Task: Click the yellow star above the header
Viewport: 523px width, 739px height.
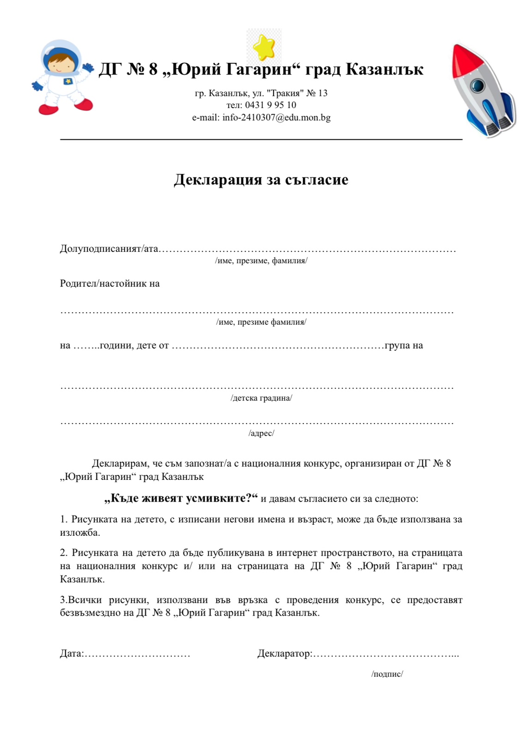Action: tap(264, 47)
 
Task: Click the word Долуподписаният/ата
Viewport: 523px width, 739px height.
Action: tap(109, 249)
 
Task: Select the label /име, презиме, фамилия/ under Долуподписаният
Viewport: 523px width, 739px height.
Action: tap(261, 261)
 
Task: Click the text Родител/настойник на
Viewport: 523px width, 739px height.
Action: tap(110, 284)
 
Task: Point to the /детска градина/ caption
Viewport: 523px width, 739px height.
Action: tap(261, 398)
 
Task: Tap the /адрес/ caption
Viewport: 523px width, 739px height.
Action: tap(261, 433)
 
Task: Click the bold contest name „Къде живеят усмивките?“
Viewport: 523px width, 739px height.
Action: tap(181, 498)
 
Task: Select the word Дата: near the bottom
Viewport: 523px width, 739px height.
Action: tap(72, 654)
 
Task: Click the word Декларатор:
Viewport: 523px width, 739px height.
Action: tap(285, 654)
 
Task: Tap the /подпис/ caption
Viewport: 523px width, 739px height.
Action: tap(387, 674)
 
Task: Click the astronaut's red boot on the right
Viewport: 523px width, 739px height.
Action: tap(83, 105)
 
